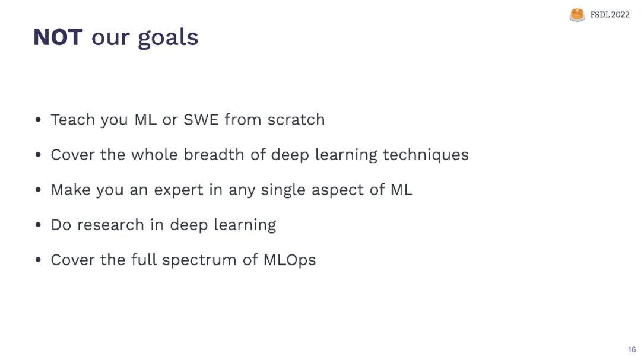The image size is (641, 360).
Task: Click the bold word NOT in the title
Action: [58, 37]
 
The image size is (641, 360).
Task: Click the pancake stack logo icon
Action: [577, 15]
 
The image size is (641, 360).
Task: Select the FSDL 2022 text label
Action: [610, 15]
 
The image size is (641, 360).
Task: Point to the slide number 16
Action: [632, 349]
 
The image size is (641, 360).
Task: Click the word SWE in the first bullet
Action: [201, 120]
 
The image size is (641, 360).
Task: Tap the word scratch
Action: [296, 120]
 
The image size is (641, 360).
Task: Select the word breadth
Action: [214, 154]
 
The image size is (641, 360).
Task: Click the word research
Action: [110, 225]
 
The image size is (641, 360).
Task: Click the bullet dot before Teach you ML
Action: [38, 120]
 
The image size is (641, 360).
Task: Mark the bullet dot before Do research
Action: [38, 225]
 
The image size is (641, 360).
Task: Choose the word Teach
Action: [73, 120]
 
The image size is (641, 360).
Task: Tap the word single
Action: [283, 190]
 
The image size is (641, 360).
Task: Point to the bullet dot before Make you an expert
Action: [38, 190]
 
